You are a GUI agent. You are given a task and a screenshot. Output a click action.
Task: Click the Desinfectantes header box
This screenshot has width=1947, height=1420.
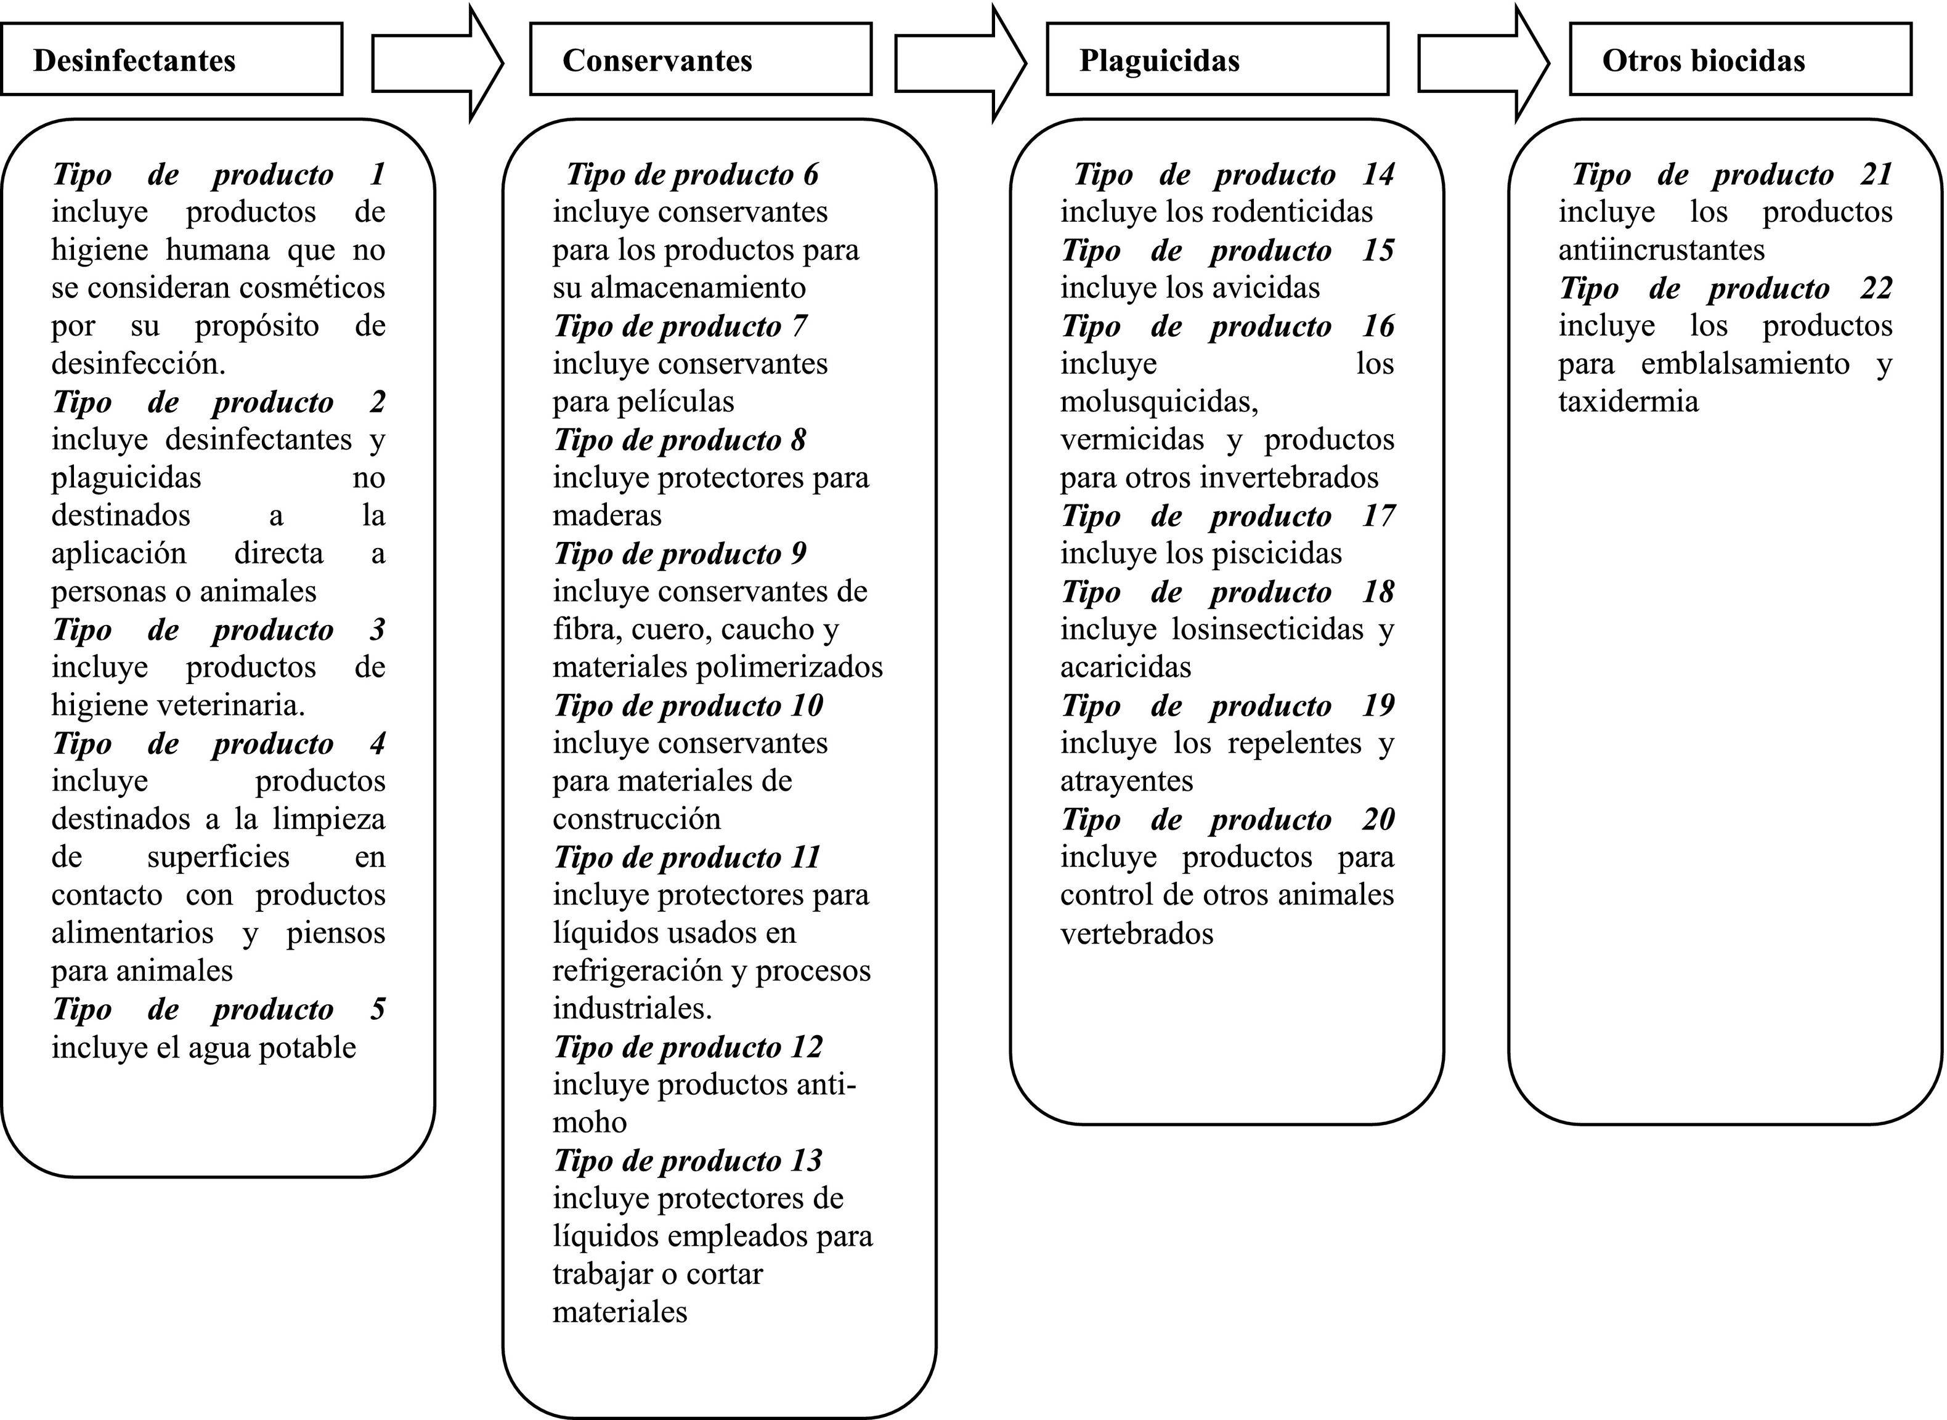click(171, 59)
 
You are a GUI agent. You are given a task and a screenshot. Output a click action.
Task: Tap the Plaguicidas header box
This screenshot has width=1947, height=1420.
click(1217, 59)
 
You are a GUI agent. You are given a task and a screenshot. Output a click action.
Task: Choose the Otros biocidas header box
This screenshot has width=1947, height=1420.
click(1741, 59)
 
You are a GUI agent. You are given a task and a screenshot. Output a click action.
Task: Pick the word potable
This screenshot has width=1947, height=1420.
click(308, 1048)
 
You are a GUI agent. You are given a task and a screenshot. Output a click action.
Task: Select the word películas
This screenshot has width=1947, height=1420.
click(685, 402)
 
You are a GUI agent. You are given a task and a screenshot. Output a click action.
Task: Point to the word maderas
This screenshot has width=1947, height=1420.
click(607, 516)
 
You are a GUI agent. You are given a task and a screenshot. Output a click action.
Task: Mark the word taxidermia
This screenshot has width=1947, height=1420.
click(1628, 402)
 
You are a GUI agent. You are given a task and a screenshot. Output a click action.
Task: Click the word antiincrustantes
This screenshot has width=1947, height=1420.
click(1660, 250)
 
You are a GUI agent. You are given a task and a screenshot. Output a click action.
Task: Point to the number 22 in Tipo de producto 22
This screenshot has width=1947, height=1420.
click(1876, 288)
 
